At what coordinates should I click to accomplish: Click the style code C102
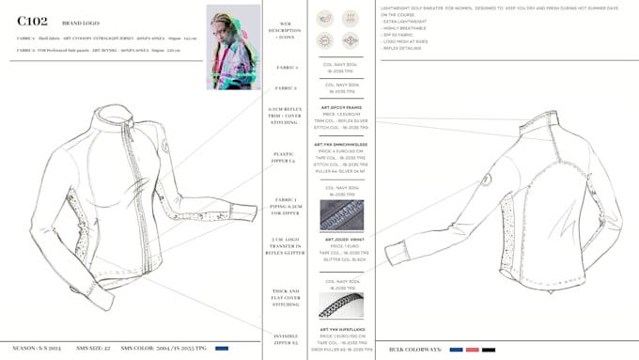[32, 21]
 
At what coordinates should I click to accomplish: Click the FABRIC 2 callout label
[286, 88]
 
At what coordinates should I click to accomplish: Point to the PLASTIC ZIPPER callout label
[283, 159]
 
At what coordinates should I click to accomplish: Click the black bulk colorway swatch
[489, 350]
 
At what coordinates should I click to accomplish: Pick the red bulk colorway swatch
[472, 350]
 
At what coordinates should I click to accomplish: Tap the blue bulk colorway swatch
[456, 350]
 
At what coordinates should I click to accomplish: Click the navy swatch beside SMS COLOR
[222, 349]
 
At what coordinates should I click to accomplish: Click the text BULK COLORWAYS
[414, 350]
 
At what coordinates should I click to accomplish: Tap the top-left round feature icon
[324, 18]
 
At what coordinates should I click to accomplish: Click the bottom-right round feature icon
[351, 40]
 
